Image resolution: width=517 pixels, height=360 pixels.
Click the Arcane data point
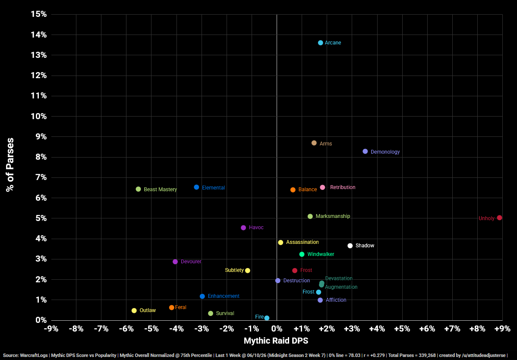pyautogui.click(x=321, y=43)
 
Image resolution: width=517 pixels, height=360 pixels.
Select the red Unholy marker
pyautogui.click(x=500, y=218)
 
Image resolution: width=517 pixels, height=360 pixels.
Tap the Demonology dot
pyautogui.click(x=365, y=152)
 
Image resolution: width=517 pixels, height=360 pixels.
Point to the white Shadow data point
pyautogui.click(x=350, y=246)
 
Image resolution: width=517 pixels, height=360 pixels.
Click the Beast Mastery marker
pyautogui.click(x=138, y=189)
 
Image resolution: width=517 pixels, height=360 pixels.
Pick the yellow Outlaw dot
pyautogui.click(x=134, y=310)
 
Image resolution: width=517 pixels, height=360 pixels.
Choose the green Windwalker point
pyautogui.click(x=302, y=254)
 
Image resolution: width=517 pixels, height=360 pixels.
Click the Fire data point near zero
pyautogui.click(x=267, y=318)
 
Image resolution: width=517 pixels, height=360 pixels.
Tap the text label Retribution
pyautogui.click(x=343, y=187)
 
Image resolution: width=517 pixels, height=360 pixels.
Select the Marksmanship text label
pyautogui.click(x=333, y=216)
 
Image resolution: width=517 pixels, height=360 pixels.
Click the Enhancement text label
pyautogui.click(x=224, y=296)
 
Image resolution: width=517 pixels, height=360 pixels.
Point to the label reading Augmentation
pyautogui.click(x=341, y=287)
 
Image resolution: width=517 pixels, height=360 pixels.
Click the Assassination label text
pyautogui.click(x=303, y=242)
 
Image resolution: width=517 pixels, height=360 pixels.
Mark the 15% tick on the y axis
pyautogui.click(x=39, y=15)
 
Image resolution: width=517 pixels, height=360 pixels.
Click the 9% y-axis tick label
pyautogui.click(x=41, y=137)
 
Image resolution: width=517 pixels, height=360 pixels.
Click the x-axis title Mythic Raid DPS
pyautogui.click(x=276, y=341)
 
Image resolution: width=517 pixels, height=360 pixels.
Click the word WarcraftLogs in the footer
pyautogui.click(x=33, y=355)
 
